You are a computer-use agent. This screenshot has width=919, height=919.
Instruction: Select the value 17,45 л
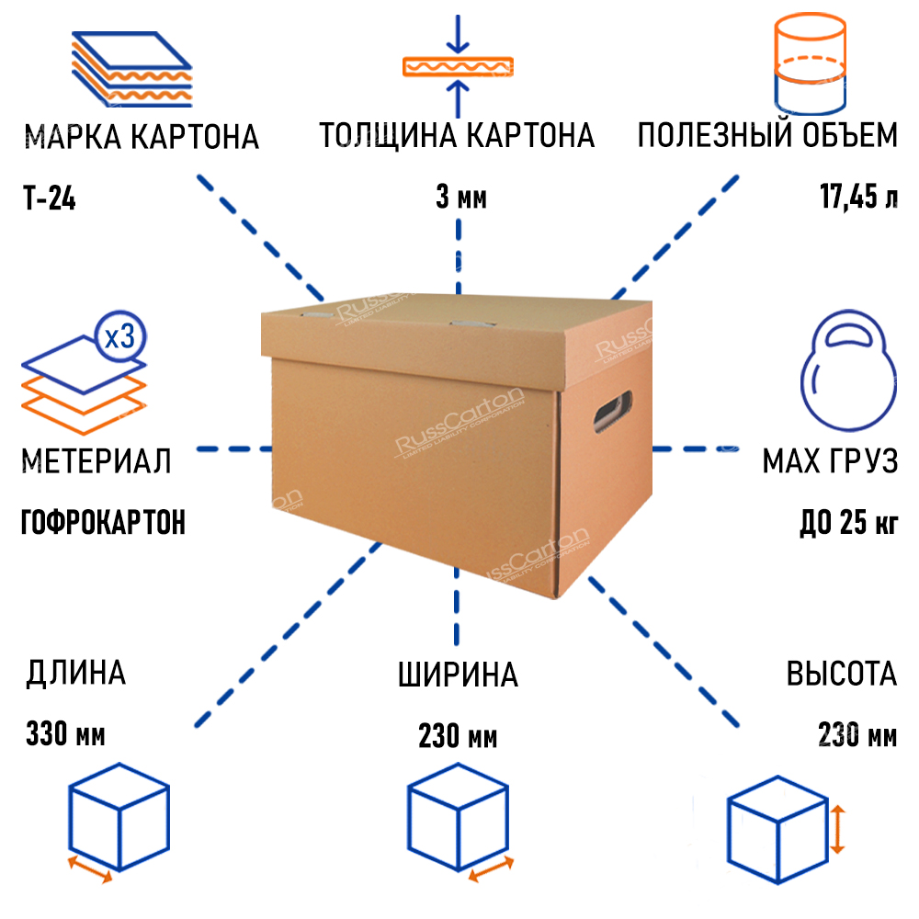[x=859, y=198]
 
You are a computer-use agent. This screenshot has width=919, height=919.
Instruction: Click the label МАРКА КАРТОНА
[x=142, y=138]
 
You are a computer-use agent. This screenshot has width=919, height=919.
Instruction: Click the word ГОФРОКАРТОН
[x=103, y=523]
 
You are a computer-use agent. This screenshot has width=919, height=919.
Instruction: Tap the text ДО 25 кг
[x=847, y=523]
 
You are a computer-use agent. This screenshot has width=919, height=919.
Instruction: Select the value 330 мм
[x=66, y=735]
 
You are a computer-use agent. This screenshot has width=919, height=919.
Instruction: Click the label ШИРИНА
[x=458, y=675]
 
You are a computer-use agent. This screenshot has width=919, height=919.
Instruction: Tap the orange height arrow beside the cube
[x=837, y=828]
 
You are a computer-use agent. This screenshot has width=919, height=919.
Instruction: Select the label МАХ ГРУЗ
[x=829, y=461]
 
